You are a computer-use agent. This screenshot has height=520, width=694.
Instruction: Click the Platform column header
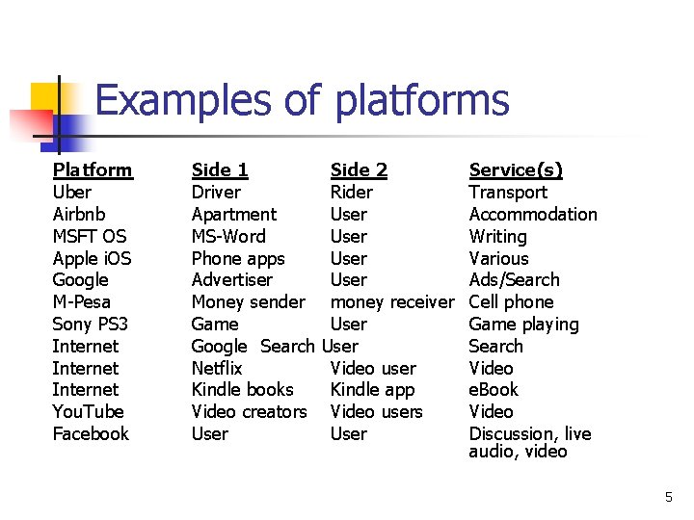pyautogui.click(x=93, y=170)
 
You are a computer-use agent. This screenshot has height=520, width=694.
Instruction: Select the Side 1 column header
pyautogui.click(x=220, y=170)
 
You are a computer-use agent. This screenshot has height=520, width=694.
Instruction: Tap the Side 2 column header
pyautogui.click(x=359, y=170)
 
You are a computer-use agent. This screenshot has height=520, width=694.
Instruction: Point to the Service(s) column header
pyautogui.click(x=516, y=170)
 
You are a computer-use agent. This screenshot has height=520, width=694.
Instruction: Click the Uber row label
pyautogui.click(x=72, y=192)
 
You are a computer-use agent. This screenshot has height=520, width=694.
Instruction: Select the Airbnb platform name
pyautogui.click(x=79, y=214)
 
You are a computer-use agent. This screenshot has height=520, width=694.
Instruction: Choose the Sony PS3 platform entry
pyautogui.click(x=90, y=325)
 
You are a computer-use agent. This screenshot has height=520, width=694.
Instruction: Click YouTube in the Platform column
pyautogui.click(x=88, y=412)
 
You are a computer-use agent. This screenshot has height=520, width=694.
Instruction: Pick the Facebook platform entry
pyautogui.click(x=91, y=434)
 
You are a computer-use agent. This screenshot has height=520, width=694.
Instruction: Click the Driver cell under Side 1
pyautogui.click(x=216, y=192)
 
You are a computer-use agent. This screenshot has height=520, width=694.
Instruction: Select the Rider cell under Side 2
pyautogui.click(x=351, y=192)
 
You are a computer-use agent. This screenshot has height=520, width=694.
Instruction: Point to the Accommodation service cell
pyautogui.click(x=533, y=214)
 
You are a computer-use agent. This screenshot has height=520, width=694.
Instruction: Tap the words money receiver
pyautogui.click(x=391, y=302)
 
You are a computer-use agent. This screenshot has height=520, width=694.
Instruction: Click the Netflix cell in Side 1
pyautogui.click(x=217, y=368)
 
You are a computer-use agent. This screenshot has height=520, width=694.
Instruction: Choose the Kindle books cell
pyautogui.click(x=242, y=390)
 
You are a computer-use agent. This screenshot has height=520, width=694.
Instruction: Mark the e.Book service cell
pyautogui.click(x=494, y=390)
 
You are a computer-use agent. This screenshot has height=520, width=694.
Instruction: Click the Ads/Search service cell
pyautogui.click(x=514, y=280)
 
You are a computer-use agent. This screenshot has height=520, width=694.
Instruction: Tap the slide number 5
pyautogui.click(x=668, y=498)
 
